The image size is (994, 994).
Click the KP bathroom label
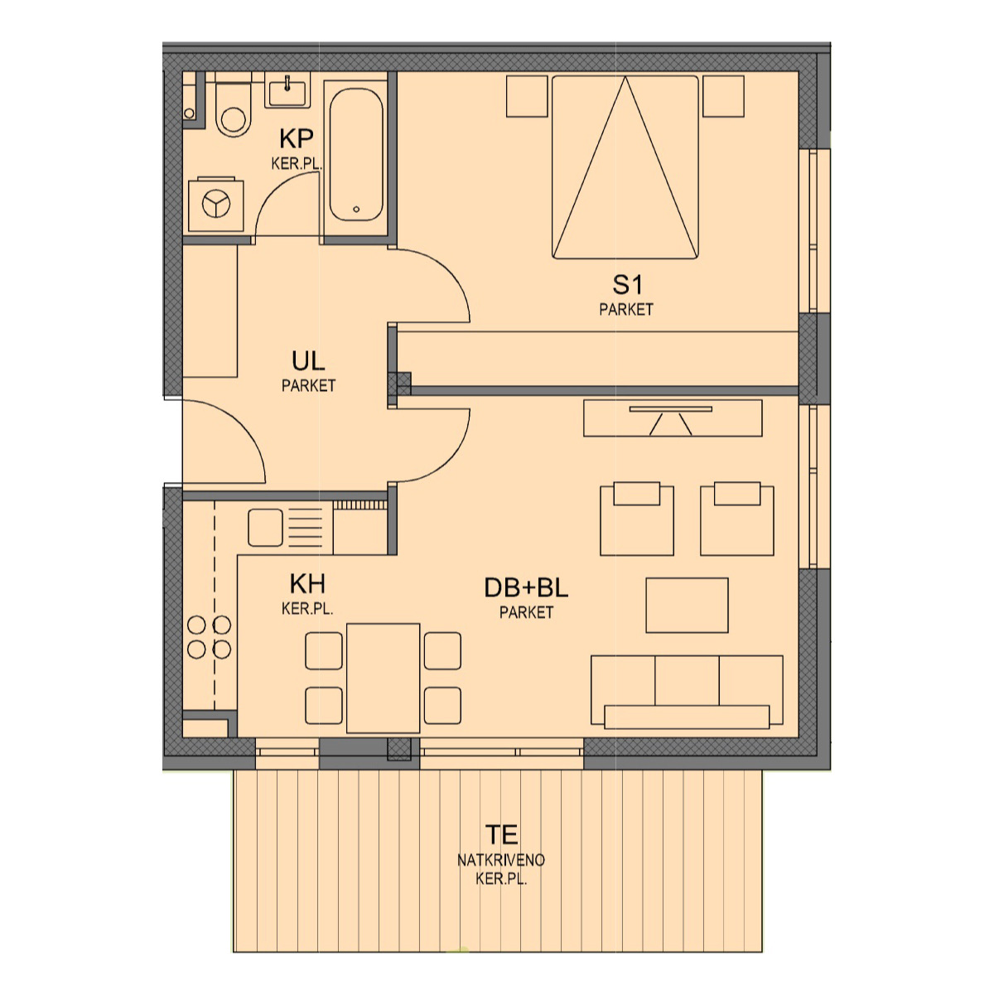[x=296, y=138]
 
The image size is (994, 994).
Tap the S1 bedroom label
[x=627, y=285]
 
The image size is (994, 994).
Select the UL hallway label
[x=308, y=361]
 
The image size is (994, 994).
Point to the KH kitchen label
[x=307, y=584]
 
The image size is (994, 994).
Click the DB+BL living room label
[x=526, y=587]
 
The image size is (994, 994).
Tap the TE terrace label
[x=501, y=835]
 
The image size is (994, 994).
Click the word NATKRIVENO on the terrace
[x=501, y=860]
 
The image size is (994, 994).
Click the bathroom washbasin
[x=287, y=90]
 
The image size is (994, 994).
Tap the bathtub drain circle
[x=356, y=210]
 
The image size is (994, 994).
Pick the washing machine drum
[x=215, y=204]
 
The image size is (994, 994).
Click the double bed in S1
[x=625, y=167]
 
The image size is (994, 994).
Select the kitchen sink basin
[x=265, y=528]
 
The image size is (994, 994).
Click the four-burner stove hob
[x=209, y=637]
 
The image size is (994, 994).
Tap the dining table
[x=383, y=678]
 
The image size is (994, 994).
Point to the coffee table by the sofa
[x=687, y=605]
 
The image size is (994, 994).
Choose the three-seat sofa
[x=687, y=692]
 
